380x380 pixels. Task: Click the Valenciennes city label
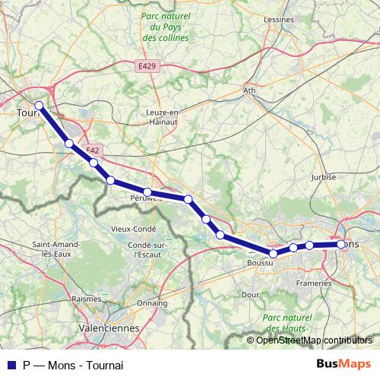pyautogui.click(x=111, y=328)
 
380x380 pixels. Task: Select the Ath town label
pyautogui.click(x=249, y=90)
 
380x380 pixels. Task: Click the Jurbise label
pyautogui.click(x=323, y=176)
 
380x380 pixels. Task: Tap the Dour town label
pyautogui.click(x=250, y=293)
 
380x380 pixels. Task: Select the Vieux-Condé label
pyautogui.click(x=133, y=229)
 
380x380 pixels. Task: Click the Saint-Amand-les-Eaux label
pyautogui.click(x=52, y=249)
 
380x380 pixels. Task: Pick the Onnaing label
pyautogui.click(x=153, y=302)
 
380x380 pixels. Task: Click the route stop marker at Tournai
pyautogui.click(x=40, y=106)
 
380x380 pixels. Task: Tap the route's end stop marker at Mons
pyautogui.click(x=340, y=244)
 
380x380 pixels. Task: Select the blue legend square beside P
pyautogui.click(x=11, y=365)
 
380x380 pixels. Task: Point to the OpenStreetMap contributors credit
pyautogui.click(x=312, y=340)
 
